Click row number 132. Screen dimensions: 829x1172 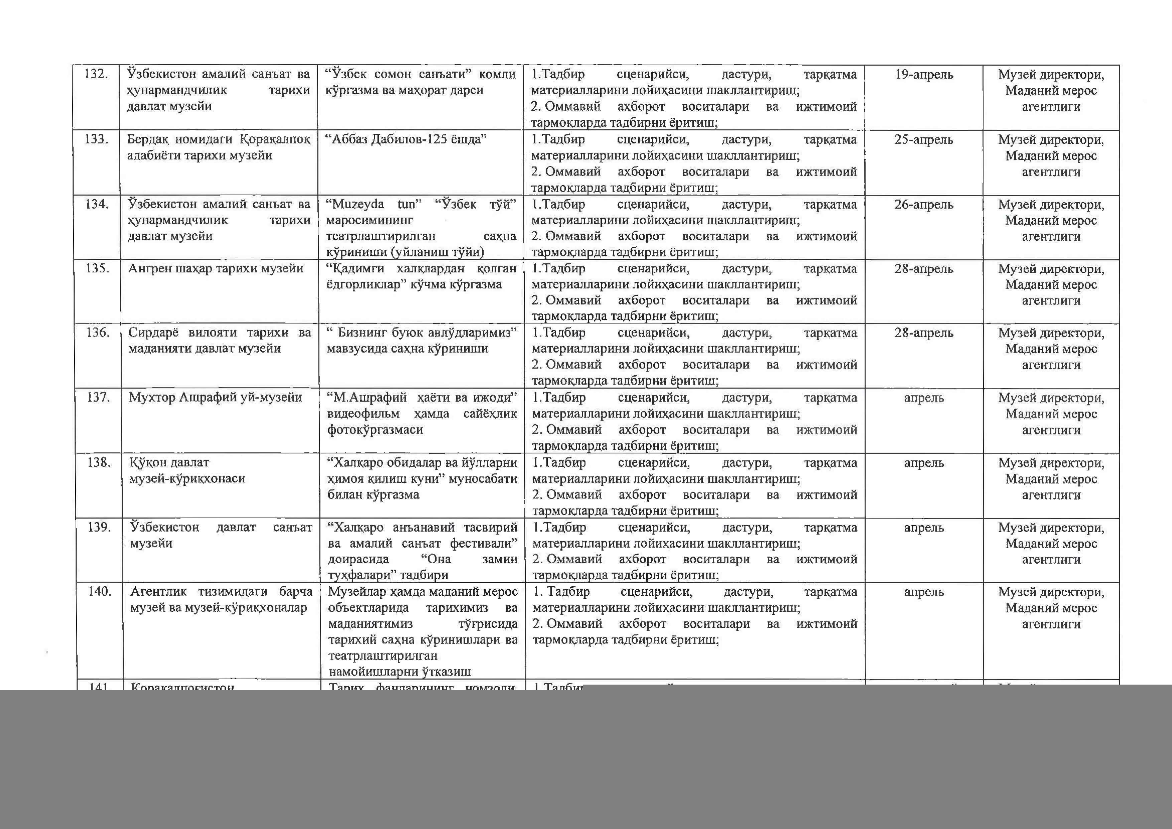[x=96, y=75]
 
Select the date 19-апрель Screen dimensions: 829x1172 [x=924, y=75]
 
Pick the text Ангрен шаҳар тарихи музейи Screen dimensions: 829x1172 [x=216, y=268]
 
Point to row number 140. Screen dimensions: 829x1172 [x=100, y=592]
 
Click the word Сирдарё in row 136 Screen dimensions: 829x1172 [x=154, y=333]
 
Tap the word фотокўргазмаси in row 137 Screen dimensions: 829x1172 [x=375, y=430]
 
